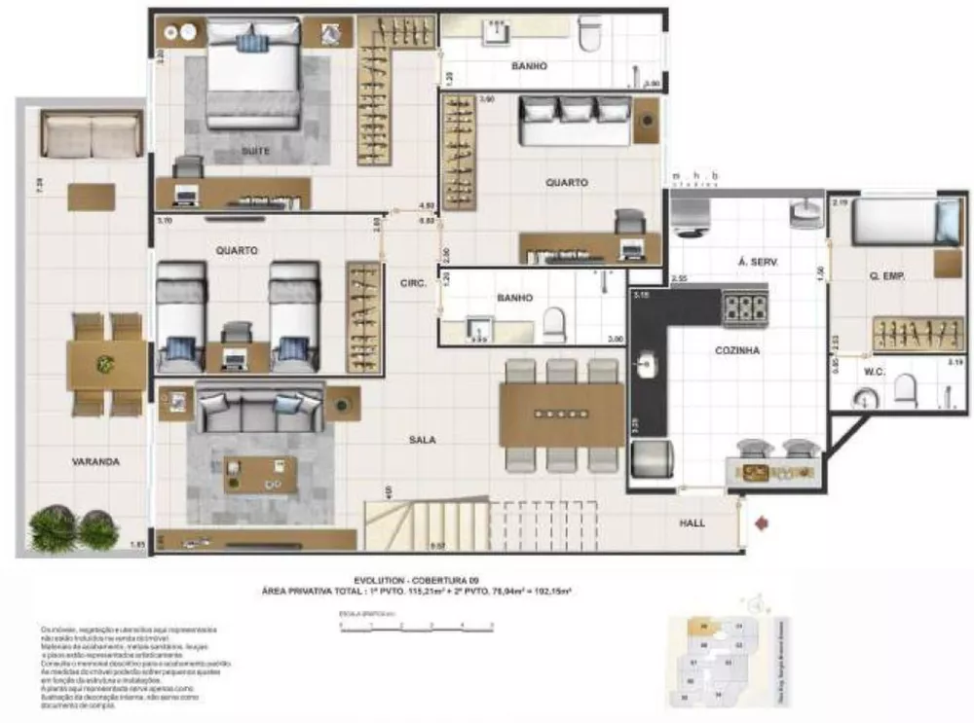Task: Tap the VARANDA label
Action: (95, 462)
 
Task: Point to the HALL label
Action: (692, 523)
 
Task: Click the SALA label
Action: (422, 440)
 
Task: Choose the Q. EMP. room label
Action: (886, 276)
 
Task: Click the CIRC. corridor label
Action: (411, 284)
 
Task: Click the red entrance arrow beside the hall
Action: (762, 524)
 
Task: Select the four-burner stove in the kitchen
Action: (745, 308)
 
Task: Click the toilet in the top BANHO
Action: (589, 36)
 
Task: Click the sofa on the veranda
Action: (91, 134)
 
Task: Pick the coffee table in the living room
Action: (260, 474)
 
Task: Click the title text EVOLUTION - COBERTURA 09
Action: (416, 578)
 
